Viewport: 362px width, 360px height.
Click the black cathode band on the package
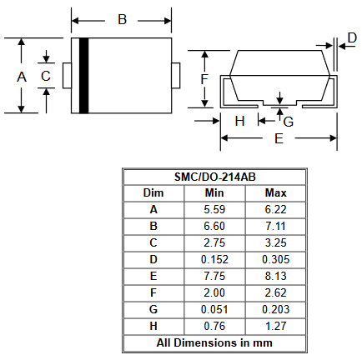pos(84,76)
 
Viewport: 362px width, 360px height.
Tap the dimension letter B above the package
pos(122,20)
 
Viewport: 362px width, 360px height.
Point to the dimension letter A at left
pos(22,77)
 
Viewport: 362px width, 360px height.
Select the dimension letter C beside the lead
pos(46,76)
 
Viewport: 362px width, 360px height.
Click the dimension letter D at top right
pos(352,37)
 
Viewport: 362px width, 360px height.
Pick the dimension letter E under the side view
pos(279,138)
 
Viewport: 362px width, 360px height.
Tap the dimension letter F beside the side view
pos(204,79)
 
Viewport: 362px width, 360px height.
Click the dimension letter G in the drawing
pos(289,122)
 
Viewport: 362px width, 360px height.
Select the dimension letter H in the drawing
pos(239,122)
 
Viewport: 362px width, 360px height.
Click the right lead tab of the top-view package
pos(176,76)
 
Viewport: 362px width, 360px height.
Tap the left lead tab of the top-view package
pos(67,76)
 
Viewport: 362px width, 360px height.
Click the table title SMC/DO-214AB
pos(214,177)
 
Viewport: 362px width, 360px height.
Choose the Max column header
pos(275,193)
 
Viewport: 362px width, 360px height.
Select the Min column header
pos(214,193)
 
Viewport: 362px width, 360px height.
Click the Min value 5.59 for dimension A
pos(214,209)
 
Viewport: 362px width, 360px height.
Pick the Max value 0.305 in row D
pos(276,259)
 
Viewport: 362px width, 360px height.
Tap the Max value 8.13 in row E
pos(275,276)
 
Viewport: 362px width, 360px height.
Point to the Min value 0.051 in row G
pos(214,309)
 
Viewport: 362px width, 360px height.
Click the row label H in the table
pos(153,326)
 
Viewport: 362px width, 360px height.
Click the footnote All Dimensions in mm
pos(214,342)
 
